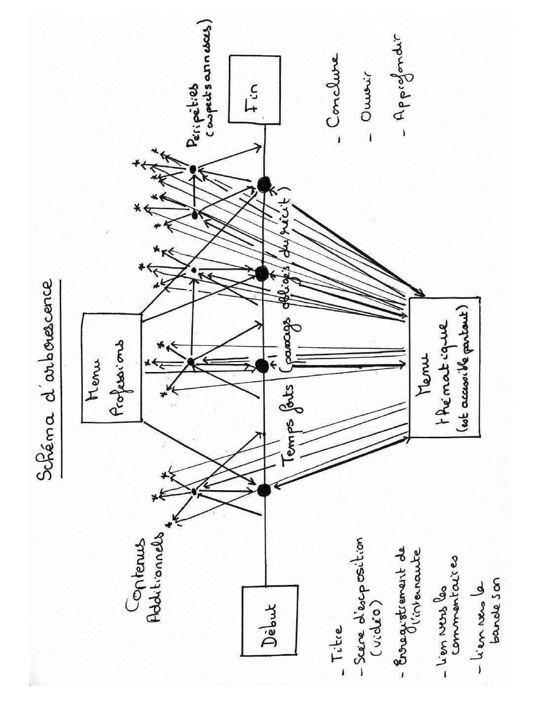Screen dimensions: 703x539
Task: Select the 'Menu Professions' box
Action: click(112, 368)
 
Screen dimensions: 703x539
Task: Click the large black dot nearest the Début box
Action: click(264, 490)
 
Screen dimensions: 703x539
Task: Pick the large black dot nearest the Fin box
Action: click(264, 184)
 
